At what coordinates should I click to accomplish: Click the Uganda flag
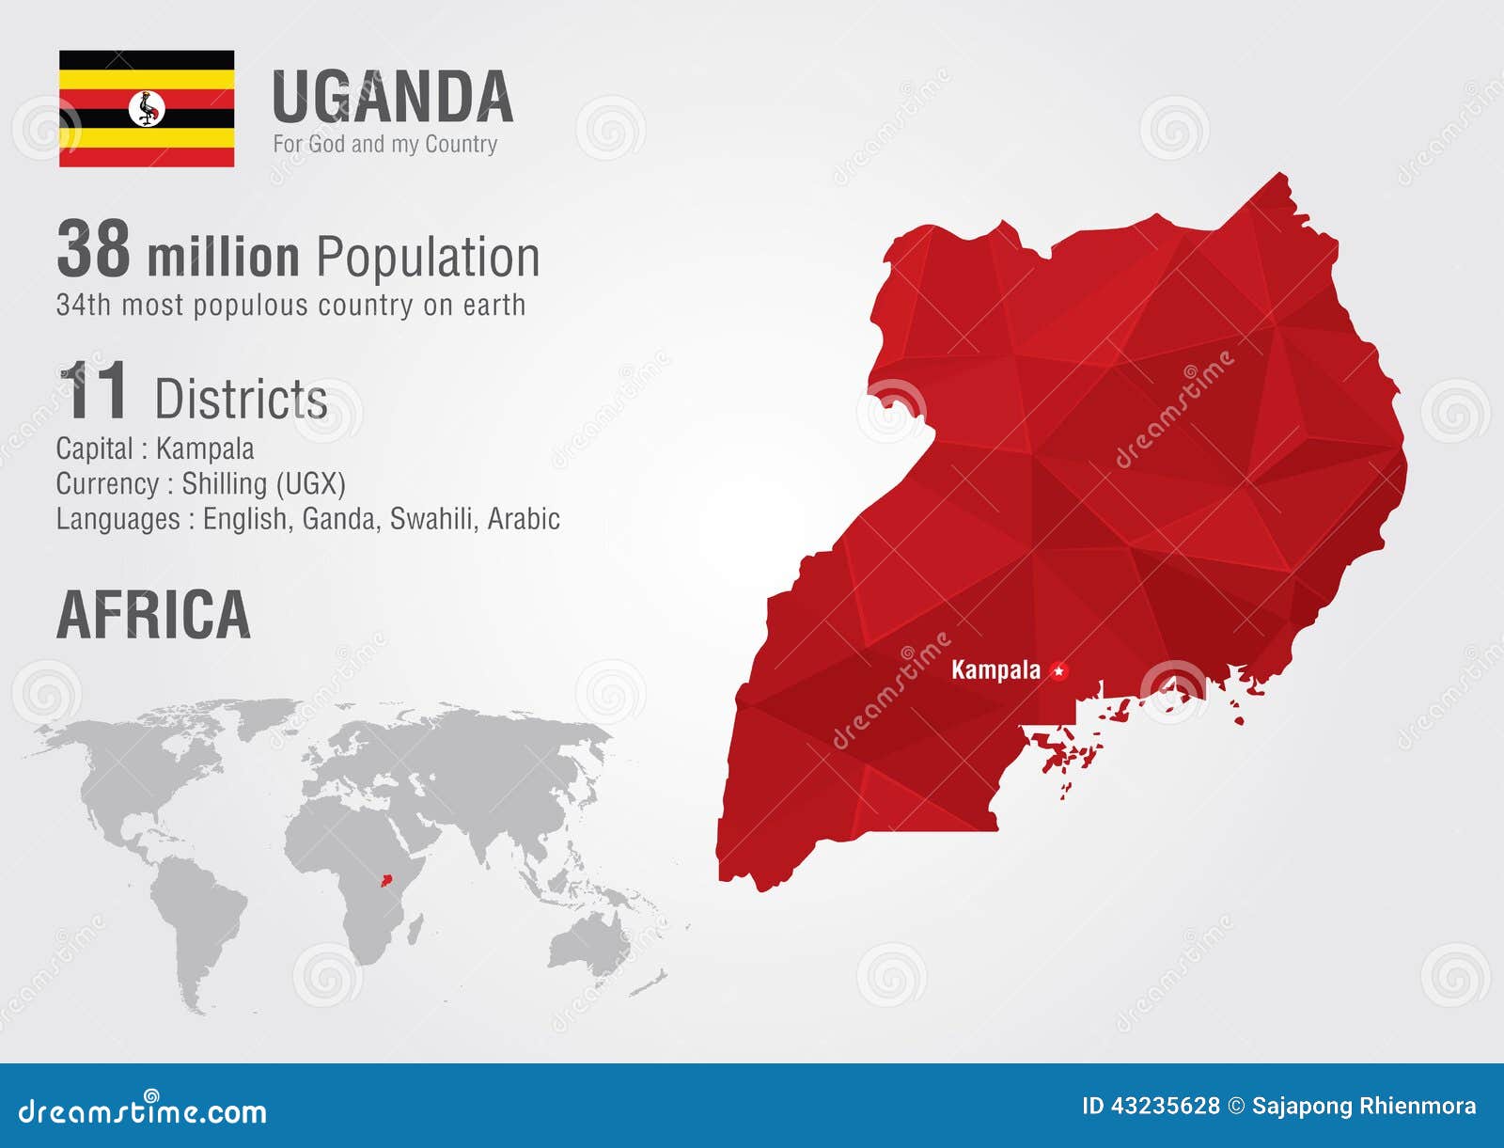coord(147,108)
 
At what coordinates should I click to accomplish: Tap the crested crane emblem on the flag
coord(147,108)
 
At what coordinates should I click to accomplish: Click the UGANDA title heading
coord(392,98)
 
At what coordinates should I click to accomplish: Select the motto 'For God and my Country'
coord(384,144)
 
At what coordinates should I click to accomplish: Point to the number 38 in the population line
coord(93,250)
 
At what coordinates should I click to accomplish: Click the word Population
coord(428,258)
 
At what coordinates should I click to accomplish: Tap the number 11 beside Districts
coord(94,391)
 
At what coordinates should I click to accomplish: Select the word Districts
coord(242,399)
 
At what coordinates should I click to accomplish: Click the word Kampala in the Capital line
coord(205,448)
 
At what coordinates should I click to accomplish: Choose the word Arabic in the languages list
coord(524,519)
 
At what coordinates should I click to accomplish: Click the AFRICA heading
coord(153,615)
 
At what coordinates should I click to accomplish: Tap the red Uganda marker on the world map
coord(384,881)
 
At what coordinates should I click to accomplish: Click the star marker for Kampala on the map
coord(1059,670)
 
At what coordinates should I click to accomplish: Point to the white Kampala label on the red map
coord(995,669)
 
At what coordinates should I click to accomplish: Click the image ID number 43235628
coord(1165,1106)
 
